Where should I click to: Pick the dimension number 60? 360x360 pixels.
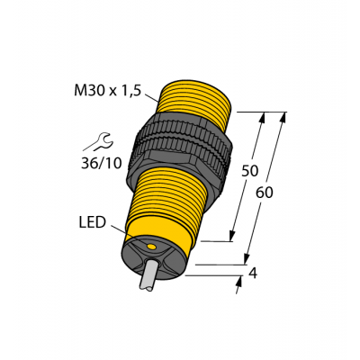(266, 192)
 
